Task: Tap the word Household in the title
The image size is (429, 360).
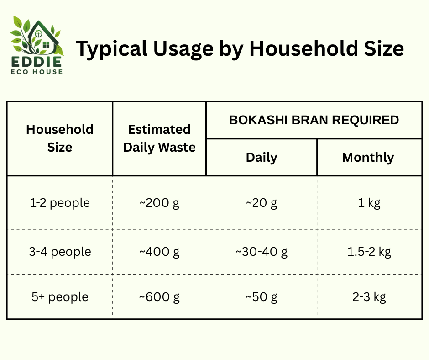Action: point(303,48)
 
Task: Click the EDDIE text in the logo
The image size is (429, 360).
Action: point(37,62)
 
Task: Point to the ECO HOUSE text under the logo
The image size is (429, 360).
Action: point(37,72)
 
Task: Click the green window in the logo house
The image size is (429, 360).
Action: point(46,45)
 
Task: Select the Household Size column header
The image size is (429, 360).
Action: point(60,138)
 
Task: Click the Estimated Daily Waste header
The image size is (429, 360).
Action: point(159,138)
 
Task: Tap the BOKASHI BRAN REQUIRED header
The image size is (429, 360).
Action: point(314,120)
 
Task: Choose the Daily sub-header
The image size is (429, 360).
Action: point(262,158)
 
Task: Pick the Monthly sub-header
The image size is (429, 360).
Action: point(368,158)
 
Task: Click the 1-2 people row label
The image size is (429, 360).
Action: point(60,203)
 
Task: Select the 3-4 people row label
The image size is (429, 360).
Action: point(60,252)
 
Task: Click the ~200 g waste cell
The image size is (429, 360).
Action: point(159,203)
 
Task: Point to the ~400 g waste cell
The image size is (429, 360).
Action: point(159,252)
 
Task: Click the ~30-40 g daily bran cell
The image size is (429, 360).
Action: point(262,252)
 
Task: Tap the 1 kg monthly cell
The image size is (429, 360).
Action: point(369,203)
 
